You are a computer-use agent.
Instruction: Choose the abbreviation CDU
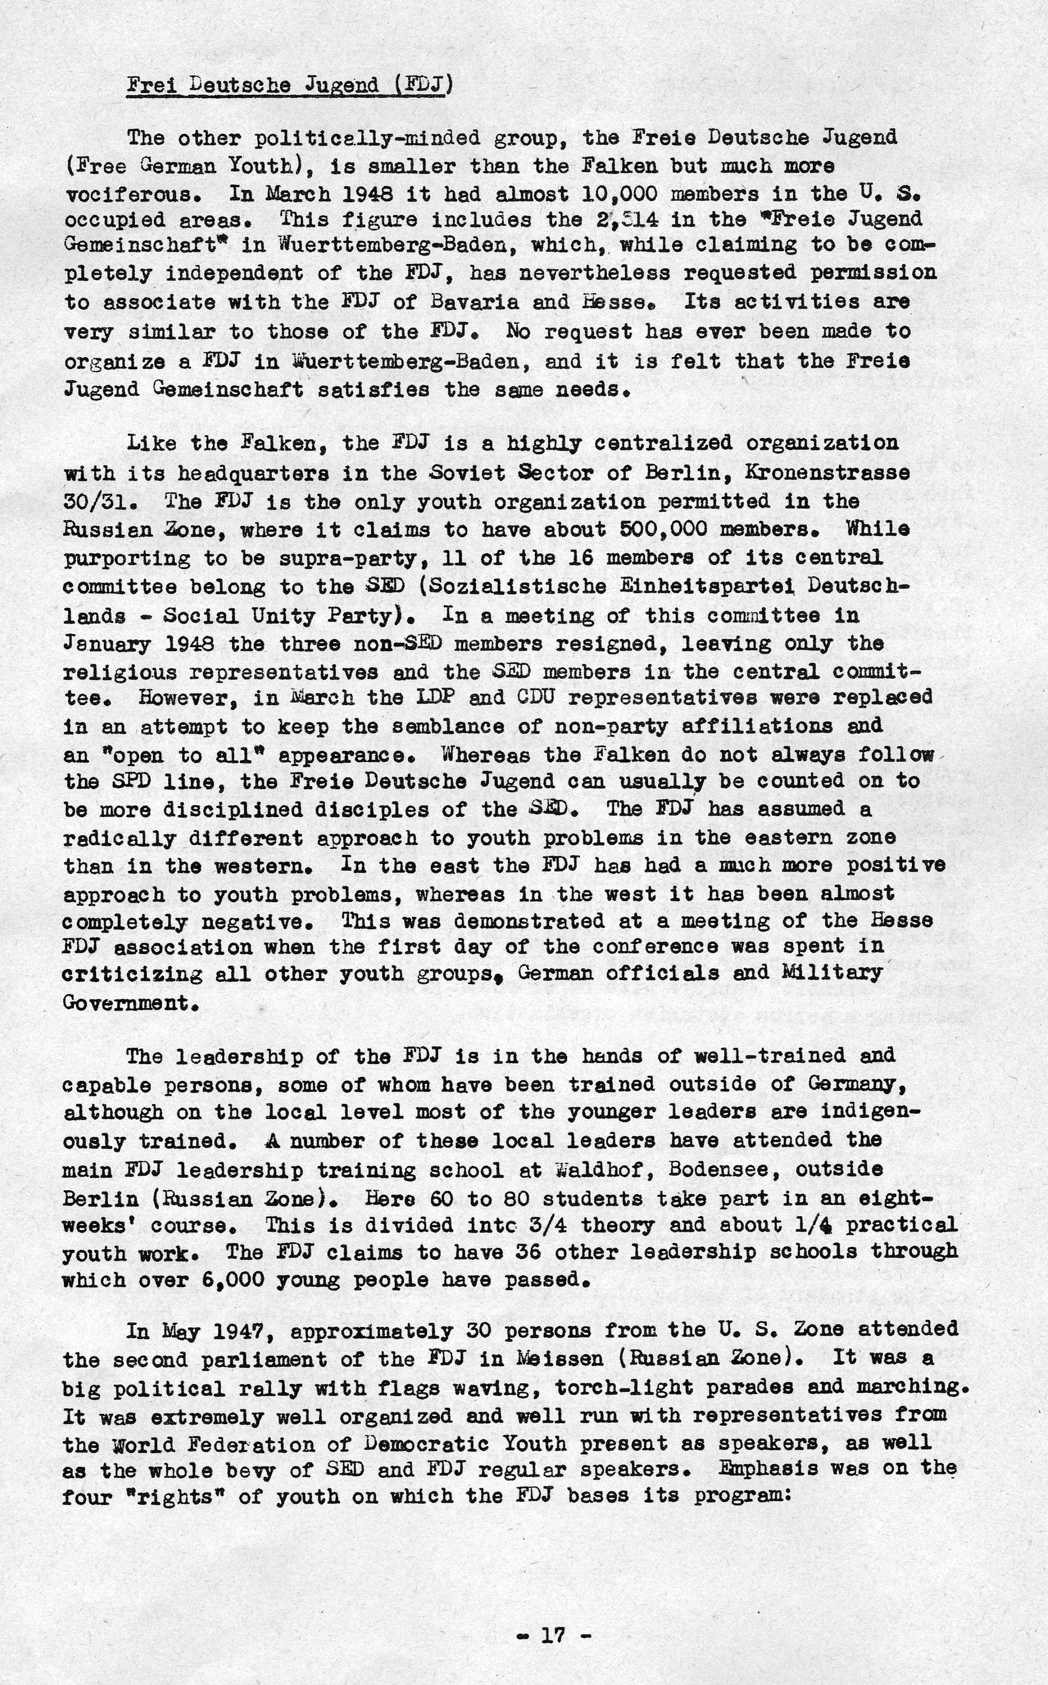[532, 698]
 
